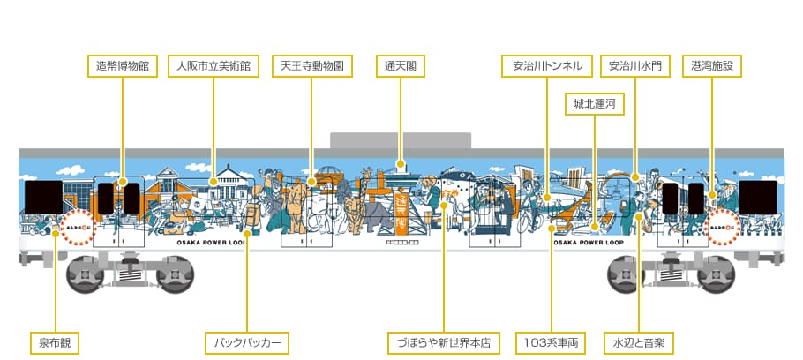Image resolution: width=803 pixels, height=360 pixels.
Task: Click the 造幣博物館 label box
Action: pos(123,65)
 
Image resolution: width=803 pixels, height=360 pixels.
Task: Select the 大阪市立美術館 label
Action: pos(213,65)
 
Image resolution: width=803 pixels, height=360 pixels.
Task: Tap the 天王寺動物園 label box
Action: pos(311,65)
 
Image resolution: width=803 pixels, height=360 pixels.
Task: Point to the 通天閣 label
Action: pos(401,65)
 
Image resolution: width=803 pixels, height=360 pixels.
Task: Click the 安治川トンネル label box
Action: pos(547,65)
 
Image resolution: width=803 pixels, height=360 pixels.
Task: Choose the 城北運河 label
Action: pos(594,104)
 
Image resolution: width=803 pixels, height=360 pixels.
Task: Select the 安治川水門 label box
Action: pos(635,65)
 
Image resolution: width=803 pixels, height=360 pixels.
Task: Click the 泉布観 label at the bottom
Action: pos(55,341)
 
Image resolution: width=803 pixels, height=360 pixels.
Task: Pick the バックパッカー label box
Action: pos(247,341)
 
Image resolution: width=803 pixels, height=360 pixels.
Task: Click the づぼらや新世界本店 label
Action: pos(444,341)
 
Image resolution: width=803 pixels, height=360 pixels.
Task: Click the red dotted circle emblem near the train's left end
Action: pos(78,225)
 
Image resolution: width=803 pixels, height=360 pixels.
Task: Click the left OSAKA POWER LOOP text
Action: pos(215,240)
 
